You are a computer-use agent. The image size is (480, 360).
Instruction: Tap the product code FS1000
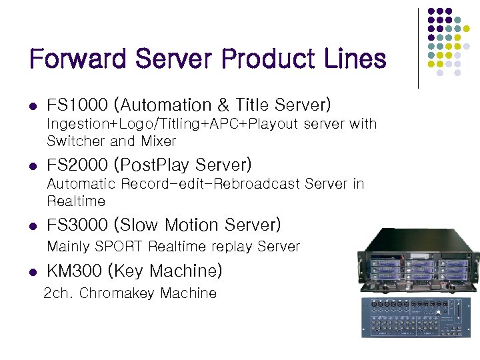[x=77, y=105]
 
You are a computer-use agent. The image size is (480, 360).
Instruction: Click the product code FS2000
[x=77, y=165]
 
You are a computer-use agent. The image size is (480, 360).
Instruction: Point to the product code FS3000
[x=77, y=225]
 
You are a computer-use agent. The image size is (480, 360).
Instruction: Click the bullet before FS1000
[x=33, y=106]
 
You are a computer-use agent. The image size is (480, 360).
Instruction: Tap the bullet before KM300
[x=33, y=272]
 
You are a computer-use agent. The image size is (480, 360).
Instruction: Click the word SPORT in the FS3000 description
[x=119, y=247]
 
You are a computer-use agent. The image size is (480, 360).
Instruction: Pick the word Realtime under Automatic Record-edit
[x=76, y=201]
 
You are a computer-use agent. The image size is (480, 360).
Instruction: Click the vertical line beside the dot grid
[x=418, y=48]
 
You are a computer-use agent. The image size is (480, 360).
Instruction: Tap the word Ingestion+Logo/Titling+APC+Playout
[x=171, y=124]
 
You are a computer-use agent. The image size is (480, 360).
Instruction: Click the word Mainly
[x=69, y=247]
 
